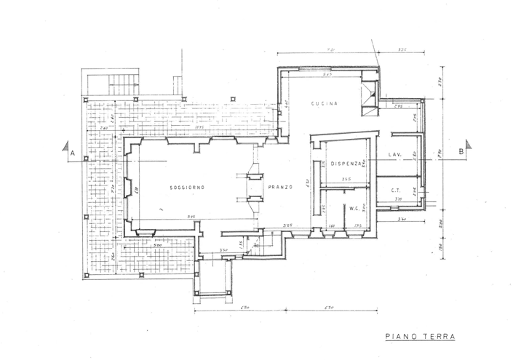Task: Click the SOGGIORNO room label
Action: (x=187, y=188)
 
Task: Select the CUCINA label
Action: (x=325, y=104)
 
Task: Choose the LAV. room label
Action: (x=396, y=155)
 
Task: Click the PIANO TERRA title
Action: (x=419, y=337)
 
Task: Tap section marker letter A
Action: (x=73, y=153)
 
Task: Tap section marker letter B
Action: (x=461, y=151)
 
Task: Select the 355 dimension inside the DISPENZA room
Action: (x=347, y=180)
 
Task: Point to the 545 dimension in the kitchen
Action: (x=327, y=75)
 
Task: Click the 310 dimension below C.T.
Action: (x=398, y=199)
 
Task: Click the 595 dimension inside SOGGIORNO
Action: (x=191, y=216)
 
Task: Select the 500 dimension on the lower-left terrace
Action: (x=157, y=245)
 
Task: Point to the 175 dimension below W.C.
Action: (x=358, y=227)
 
